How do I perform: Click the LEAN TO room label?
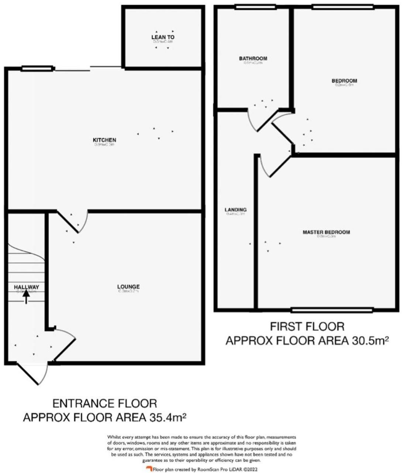(163, 37)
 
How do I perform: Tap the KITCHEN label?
(104, 140)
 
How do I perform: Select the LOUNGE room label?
(128, 287)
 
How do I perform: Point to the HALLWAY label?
(26, 287)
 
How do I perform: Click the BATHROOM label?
(253, 58)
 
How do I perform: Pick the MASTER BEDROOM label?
(326, 232)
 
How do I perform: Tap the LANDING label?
(235, 210)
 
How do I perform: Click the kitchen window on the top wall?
(37, 68)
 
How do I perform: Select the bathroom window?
(255, 7)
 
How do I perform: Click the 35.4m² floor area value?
(166, 417)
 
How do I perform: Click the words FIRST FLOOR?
(307, 327)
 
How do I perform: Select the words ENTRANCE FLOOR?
(105, 403)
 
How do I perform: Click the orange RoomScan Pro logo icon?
(149, 469)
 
